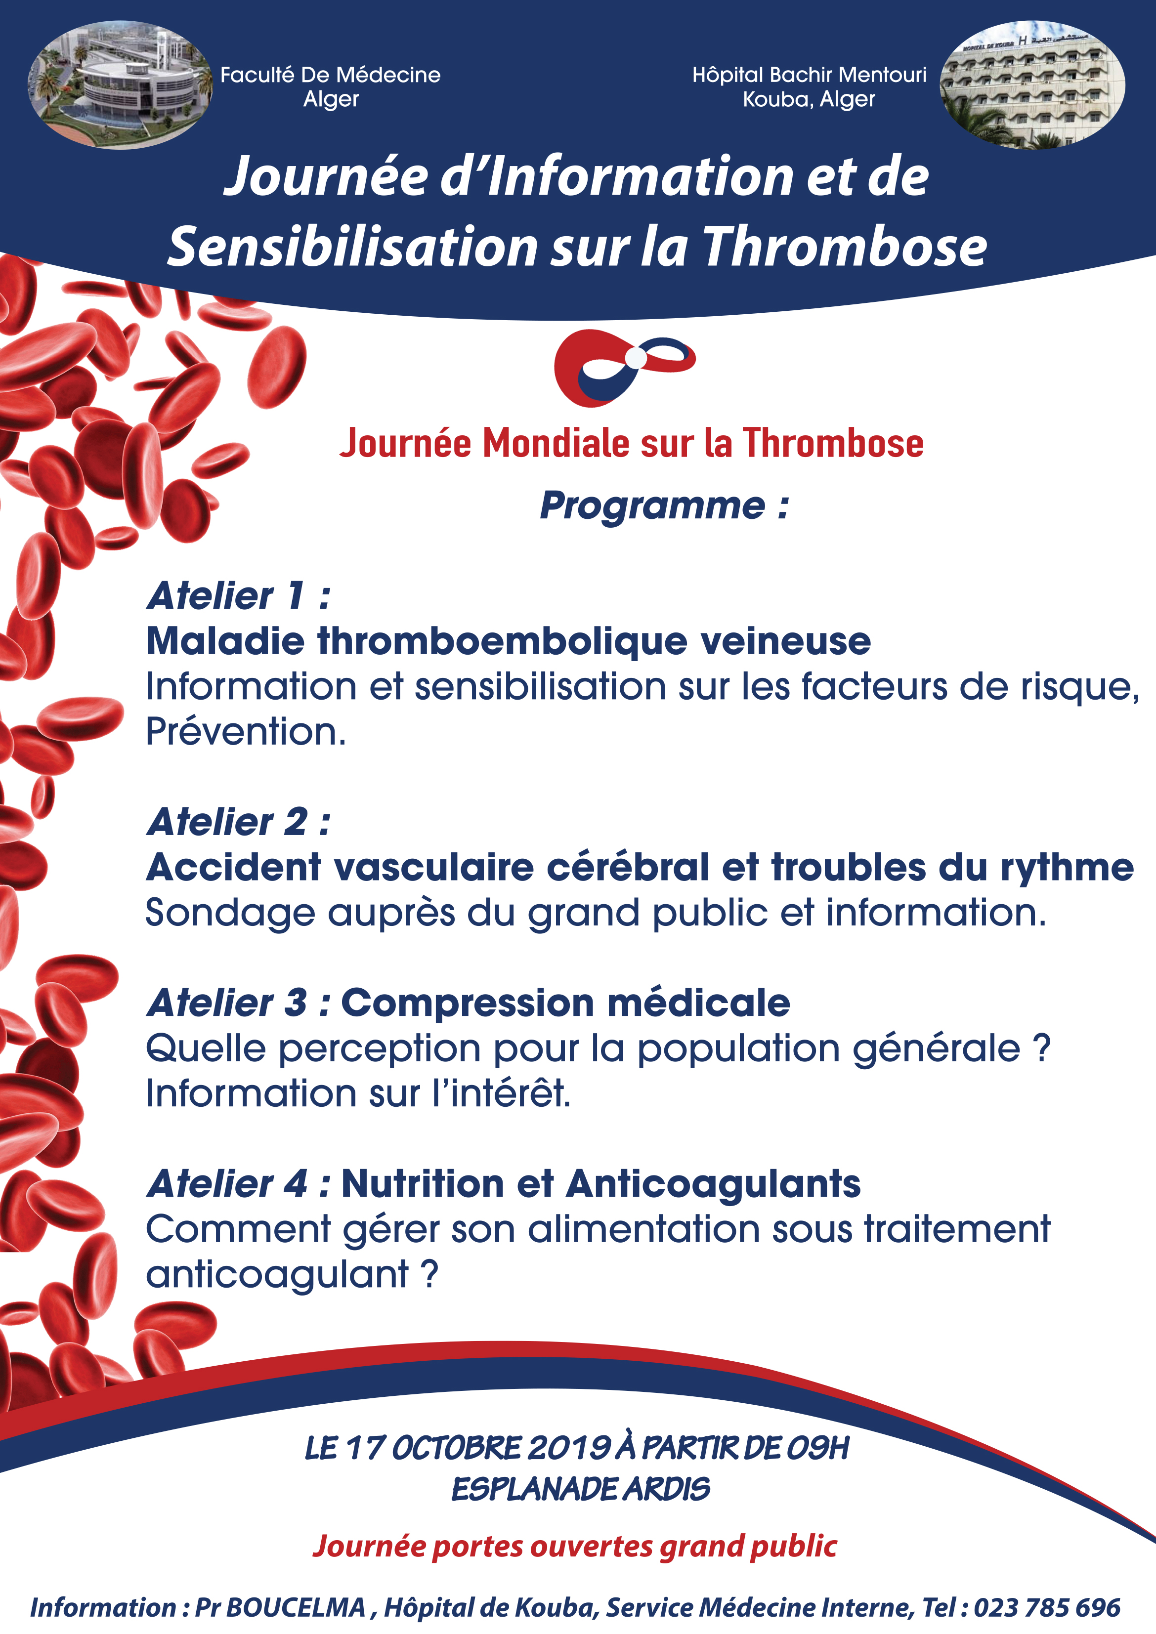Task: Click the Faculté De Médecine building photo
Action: click(x=120, y=85)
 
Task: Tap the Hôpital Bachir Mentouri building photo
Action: click(x=1031, y=85)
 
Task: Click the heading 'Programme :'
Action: click(x=663, y=506)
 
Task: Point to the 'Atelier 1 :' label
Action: click(x=238, y=596)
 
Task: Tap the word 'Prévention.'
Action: click(x=246, y=732)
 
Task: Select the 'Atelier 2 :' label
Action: click(x=238, y=822)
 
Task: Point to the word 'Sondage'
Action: click(x=229, y=913)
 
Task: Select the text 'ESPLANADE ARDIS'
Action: click(x=580, y=1489)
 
